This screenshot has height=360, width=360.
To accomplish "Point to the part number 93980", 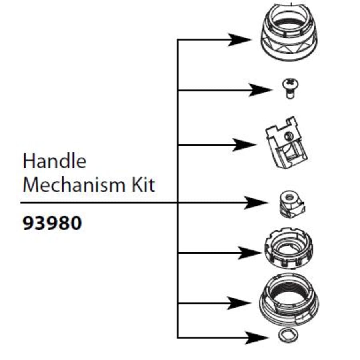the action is click(52, 223).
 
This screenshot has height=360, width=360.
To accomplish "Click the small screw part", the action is click(290, 88).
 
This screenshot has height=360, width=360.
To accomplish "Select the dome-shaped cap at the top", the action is click(289, 32).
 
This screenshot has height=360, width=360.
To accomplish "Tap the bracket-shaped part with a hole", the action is click(286, 143).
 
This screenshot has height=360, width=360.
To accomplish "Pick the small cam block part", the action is click(292, 204).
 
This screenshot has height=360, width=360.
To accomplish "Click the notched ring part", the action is click(288, 248).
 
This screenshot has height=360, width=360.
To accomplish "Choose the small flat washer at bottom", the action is click(288, 338).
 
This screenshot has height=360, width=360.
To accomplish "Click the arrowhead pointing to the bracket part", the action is click(244, 145).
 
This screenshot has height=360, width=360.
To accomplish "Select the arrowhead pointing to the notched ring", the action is click(250, 253).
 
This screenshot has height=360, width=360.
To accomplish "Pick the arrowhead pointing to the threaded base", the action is click(239, 303).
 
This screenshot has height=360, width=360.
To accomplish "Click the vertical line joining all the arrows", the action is click(178, 189).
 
